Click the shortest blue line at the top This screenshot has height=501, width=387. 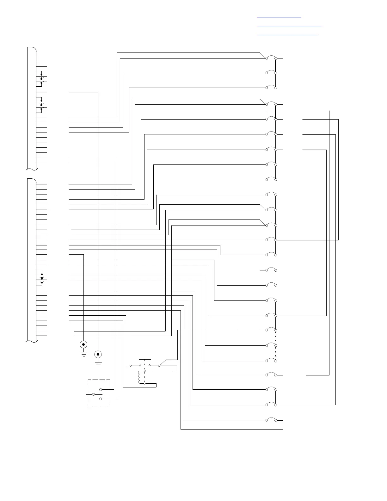(x=279, y=16)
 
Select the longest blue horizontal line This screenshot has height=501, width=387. (x=289, y=26)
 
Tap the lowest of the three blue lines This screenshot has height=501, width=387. (x=287, y=34)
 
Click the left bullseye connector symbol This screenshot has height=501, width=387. (x=83, y=344)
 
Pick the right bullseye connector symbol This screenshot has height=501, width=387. (x=98, y=354)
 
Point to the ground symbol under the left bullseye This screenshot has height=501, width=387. (x=83, y=353)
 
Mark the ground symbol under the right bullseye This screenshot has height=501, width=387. (x=98, y=363)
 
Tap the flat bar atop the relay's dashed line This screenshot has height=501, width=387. (x=145, y=360)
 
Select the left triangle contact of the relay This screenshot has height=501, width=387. (x=140, y=365)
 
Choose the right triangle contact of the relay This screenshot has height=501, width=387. (x=150, y=365)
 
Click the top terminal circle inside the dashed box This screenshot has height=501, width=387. (x=101, y=389)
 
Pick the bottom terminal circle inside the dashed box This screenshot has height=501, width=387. (x=101, y=399)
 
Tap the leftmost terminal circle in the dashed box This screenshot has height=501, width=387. (x=93, y=394)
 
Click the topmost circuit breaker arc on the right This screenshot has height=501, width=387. (x=271, y=57)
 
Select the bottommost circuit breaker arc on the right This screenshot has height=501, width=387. (x=271, y=419)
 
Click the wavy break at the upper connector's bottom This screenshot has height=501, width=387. (x=32, y=169)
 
